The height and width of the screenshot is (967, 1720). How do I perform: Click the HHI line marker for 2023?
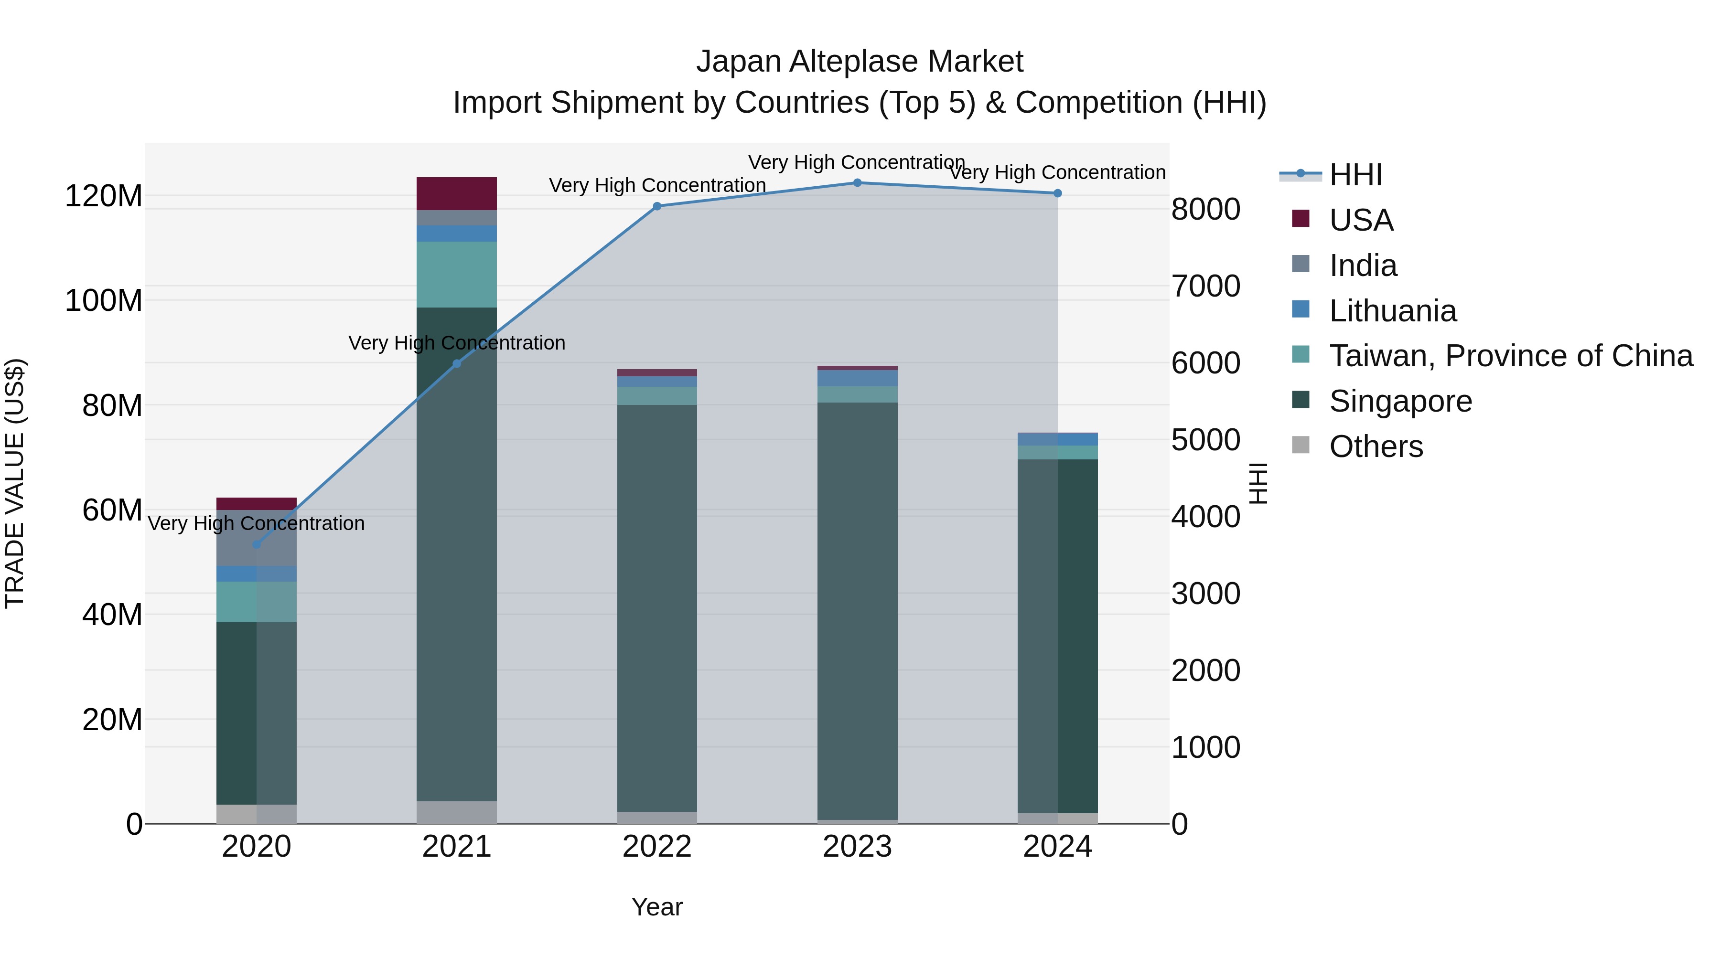click(x=857, y=183)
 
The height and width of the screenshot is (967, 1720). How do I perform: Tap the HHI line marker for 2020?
click(x=257, y=544)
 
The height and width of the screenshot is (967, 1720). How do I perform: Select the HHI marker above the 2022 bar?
click(x=657, y=206)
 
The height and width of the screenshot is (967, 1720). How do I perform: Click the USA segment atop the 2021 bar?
click(x=457, y=193)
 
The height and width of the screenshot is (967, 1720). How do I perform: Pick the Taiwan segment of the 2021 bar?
click(x=457, y=274)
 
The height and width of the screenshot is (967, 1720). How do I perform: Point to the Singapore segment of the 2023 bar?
click(x=857, y=611)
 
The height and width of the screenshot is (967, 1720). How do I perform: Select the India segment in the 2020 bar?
click(x=257, y=538)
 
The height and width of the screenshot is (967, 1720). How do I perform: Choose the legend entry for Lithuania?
click(x=1392, y=311)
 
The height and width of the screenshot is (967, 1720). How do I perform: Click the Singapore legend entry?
click(x=1400, y=401)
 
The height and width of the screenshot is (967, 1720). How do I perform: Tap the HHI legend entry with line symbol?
click(x=1355, y=175)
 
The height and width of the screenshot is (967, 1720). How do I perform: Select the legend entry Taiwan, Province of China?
click(x=1510, y=356)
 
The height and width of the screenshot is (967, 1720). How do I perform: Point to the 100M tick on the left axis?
click(x=104, y=300)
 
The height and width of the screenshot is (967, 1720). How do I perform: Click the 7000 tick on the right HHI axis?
click(x=1206, y=286)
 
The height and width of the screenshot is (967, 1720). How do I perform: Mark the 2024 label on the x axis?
click(x=1058, y=847)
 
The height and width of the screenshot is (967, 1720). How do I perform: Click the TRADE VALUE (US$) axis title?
click(x=15, y=483)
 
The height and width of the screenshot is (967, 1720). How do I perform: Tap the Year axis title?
click(x=657, y=907)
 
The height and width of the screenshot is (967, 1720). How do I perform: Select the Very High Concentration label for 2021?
click(x=457, y=343)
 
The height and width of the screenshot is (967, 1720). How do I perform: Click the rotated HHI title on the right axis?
click(x=1258, y=483)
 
